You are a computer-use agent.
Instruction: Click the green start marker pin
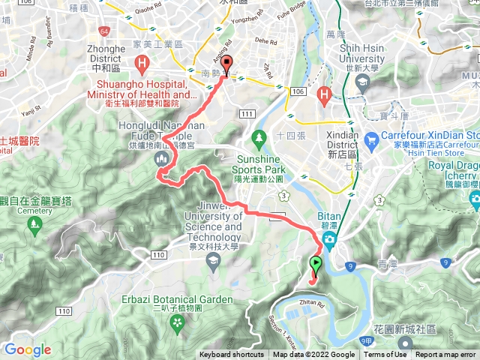[x=316, y=264]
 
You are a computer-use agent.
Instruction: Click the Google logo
[x=27, y=349]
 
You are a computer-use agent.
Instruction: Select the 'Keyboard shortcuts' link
[x=232, y=355]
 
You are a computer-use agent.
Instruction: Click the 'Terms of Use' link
[x=385, y=355]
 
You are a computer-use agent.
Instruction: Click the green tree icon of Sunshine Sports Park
[x=259, y=138]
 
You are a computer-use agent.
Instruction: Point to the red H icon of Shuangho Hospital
[x=140, y=63]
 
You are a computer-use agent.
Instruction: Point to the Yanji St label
[x=30, y=109]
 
